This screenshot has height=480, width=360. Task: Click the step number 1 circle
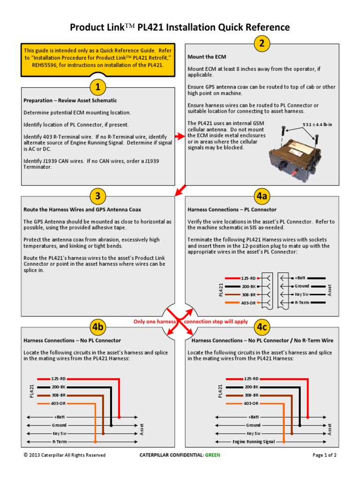(x=97, y=87)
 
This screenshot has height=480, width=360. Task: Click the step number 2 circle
(x=262, y=44)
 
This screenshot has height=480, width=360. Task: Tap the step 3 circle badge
(x=97, y=196)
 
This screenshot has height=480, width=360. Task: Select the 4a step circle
(x=262, y=196)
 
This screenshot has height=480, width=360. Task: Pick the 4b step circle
(x=97, y=327)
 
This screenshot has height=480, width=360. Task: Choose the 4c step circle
(x=262, y=327)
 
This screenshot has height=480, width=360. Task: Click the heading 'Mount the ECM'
(x=207, y=57)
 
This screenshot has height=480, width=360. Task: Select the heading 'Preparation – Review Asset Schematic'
(x=70, y=100)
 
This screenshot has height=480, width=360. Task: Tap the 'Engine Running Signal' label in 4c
(x=254, y=442)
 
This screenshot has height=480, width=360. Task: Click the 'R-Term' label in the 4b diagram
(x=59, y=442)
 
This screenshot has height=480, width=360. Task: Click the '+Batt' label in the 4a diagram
(x=300, y=278)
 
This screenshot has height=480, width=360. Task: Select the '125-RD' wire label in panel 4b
(x=59, y=378)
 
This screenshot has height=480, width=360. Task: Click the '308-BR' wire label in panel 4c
(x=251, y=395)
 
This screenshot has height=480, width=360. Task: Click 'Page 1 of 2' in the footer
(x=324, y=455)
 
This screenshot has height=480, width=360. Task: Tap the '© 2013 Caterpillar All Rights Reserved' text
(x=65, y=455)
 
